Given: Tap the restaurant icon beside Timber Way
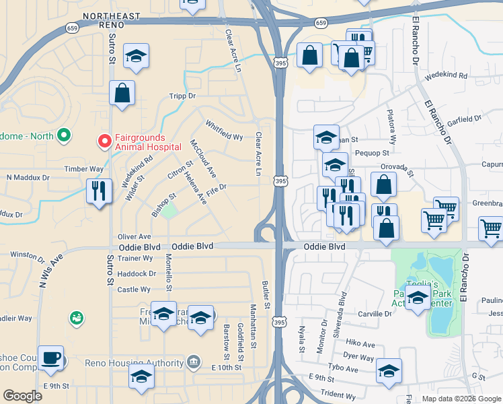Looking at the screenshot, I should [98, 191].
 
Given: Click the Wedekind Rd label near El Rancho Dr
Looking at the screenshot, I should [446, 75].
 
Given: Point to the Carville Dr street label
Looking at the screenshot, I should [375, 314].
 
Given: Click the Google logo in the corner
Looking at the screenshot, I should [23, 396].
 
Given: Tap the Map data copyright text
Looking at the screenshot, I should [460, 399].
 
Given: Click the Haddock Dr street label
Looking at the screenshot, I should [137, 273].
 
